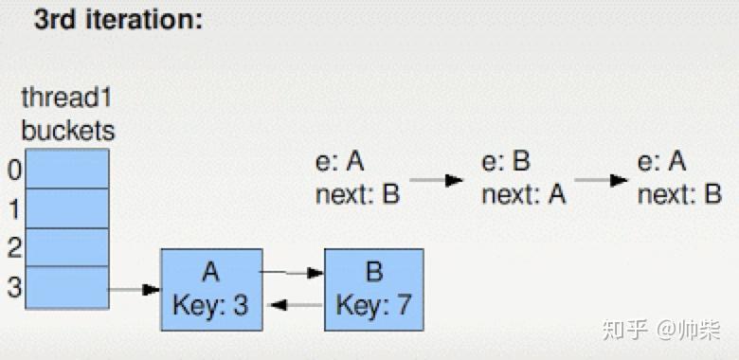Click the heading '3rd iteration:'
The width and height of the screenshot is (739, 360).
click(118, 20)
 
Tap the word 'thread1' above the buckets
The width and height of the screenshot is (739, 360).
click(67, 99)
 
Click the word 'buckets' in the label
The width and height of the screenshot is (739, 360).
click(67, 129)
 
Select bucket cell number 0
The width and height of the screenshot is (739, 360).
click(67, 169)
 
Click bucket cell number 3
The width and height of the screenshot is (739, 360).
click(67, 288)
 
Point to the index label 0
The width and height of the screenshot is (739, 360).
click(13, 170)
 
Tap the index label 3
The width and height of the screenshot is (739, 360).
click(13, 288)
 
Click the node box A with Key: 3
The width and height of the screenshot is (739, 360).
click(210, 290)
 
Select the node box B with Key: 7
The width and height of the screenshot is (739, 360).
click(373, 290)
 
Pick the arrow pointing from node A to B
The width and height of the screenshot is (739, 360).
click(293, 274)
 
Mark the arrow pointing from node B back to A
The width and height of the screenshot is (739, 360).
click(293, 305)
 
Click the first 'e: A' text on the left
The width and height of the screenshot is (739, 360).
click(340, 162)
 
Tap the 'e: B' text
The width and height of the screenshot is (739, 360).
click(506, 162)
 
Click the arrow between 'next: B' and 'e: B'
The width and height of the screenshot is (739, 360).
click(437, 180)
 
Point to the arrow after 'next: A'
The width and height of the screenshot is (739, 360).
click(602, 180)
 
